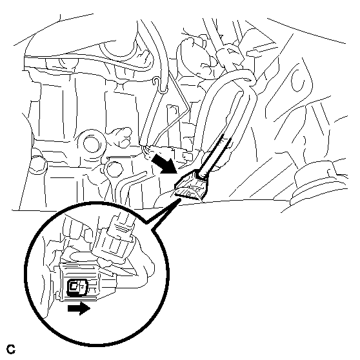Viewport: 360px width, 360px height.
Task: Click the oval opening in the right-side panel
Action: click(298, 81)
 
